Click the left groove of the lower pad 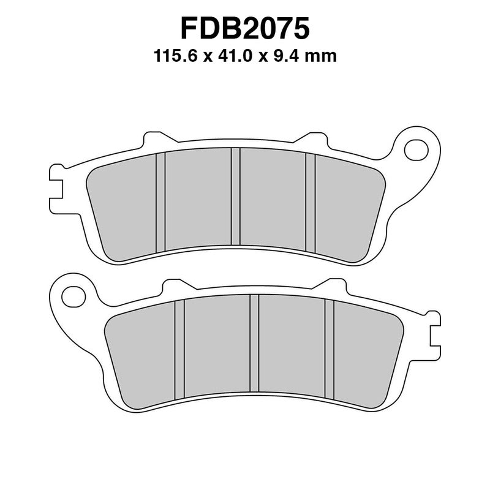coord(179,348)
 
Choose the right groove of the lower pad coord(329,348)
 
